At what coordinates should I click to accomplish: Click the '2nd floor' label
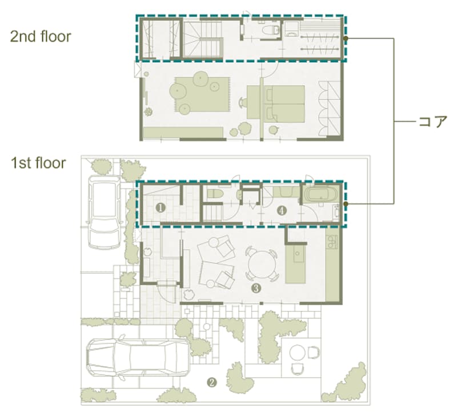[41, 37]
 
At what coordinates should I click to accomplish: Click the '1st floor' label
[38, 163]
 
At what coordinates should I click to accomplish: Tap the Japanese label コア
[432, 122]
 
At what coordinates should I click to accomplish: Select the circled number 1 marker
[161, 208]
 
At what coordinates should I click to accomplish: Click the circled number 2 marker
[211, 382]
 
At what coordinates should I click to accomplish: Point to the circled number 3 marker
[255, 288]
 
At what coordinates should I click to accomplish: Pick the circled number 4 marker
[282, 210]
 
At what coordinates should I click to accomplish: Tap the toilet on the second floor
[270, 30]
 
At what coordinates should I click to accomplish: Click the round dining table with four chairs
[262, 264]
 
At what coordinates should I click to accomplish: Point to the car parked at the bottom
[138, 358]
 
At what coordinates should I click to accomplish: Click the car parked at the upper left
[105, 212]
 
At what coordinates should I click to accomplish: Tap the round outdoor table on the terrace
[297, 353]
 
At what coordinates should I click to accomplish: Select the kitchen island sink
[297, 253]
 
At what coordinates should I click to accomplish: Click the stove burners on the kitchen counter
[332, 242]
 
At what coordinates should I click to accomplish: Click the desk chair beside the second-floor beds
[243, 103]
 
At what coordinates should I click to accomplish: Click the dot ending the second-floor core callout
[346, 38]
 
